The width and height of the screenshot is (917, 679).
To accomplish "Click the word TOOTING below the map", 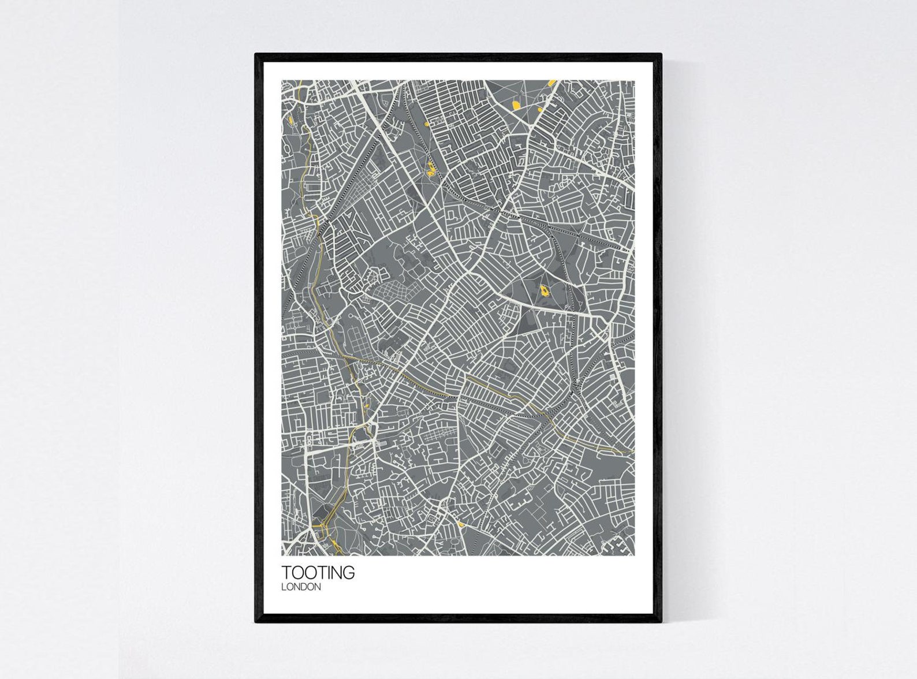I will pos(318,573).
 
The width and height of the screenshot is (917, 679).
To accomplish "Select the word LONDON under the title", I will pos(301,587).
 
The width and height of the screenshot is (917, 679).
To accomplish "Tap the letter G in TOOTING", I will pos(349,573).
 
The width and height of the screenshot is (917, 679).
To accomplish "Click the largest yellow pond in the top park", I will pos(516,105).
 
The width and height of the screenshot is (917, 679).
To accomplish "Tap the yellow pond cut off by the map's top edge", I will pos(552,83).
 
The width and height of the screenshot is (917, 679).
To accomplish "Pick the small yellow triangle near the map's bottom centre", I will pos(460,524).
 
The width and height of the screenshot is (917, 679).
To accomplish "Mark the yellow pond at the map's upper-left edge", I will pos(288,121).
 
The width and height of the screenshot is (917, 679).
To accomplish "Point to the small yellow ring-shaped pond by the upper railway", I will pos(427,124).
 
